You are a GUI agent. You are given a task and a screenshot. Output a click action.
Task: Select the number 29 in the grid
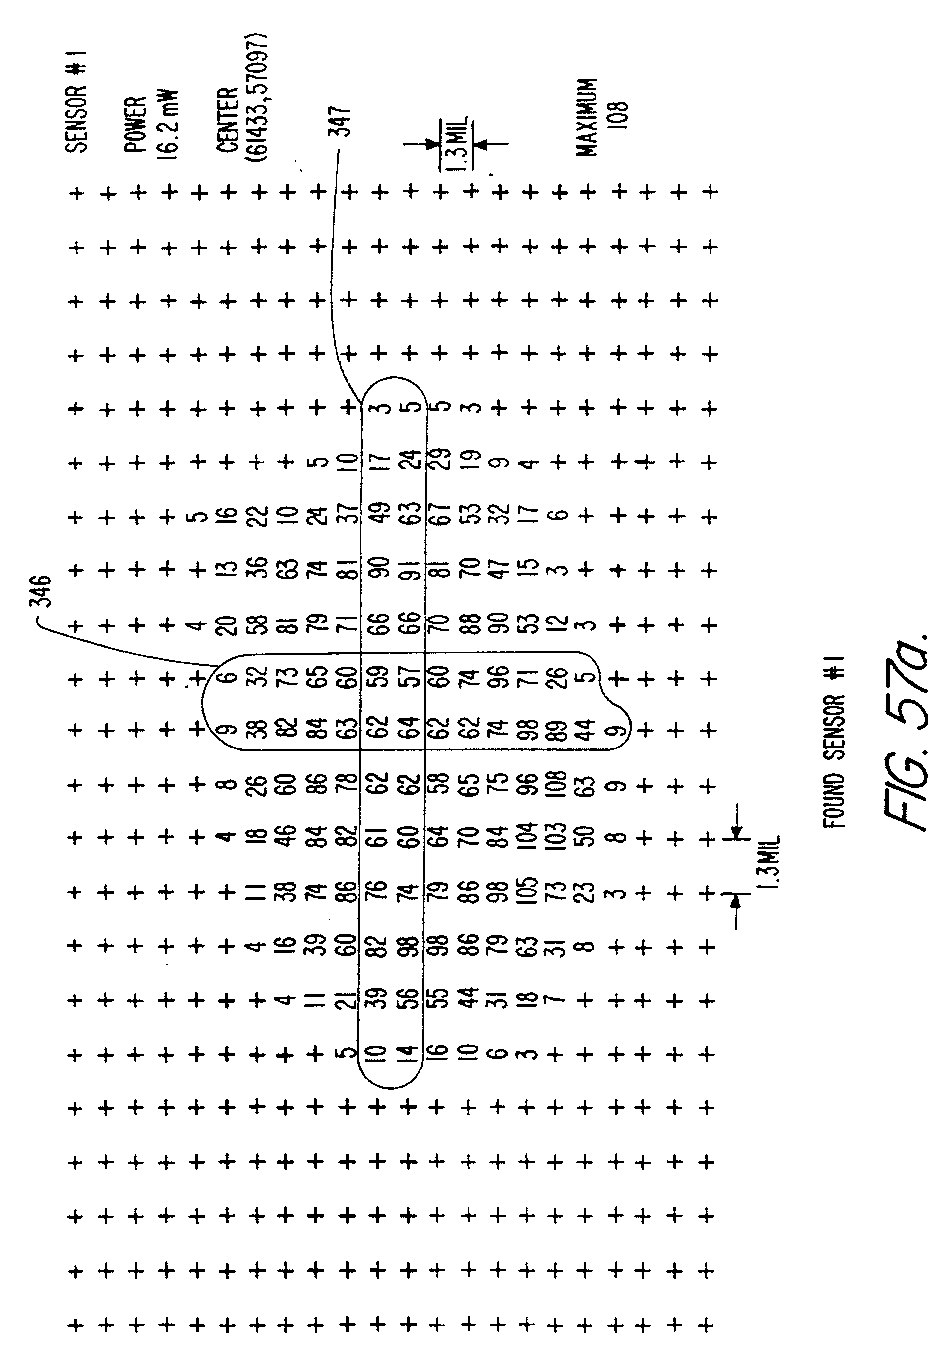[x=440, y=462]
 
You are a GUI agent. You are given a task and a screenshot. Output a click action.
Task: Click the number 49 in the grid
[x=378, y=515]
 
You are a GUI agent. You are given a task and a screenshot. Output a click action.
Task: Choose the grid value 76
[x=378, y=893]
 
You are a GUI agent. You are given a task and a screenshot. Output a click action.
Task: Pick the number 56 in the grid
[x=409, y=1001]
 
